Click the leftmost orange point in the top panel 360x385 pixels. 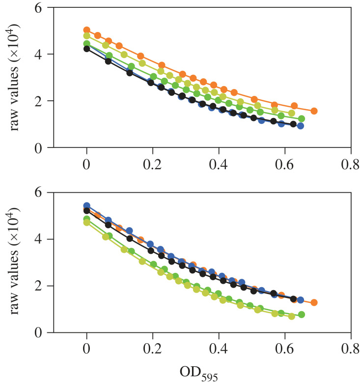pos(87,30)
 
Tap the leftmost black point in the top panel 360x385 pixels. pos(87,49)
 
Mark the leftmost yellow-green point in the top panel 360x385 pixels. pos(87,36)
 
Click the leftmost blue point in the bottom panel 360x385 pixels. pos(87,206)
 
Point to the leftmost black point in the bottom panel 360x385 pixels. pos(87,210)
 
